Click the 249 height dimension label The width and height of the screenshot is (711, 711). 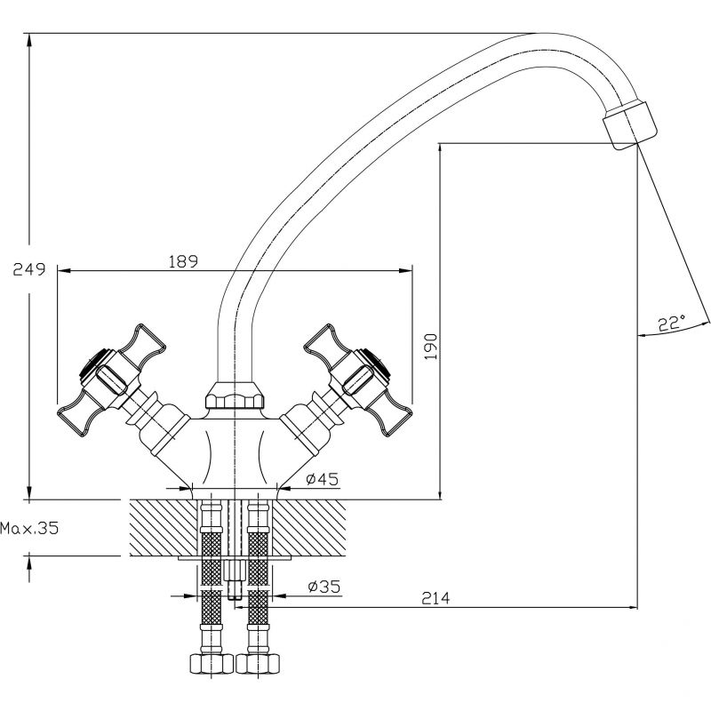coord(29,269)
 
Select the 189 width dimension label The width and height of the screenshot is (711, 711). coord(183,261)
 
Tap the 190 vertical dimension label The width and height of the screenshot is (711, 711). coord(431,347)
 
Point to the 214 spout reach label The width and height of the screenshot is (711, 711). coord(435,598)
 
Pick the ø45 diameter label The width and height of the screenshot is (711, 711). coord(323,479)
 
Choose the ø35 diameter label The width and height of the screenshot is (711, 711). coord(324,587)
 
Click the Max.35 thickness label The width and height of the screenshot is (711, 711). coord(29,528)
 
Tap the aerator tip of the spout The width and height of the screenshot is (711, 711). coord(630,125)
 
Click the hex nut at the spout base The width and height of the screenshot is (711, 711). coord(235,395)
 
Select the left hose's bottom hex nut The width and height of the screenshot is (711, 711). coord(212,664)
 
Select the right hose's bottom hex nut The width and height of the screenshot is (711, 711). coord(259,664)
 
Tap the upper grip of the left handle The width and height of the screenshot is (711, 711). coord(143,342)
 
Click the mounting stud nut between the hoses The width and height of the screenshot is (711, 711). coord(235,572)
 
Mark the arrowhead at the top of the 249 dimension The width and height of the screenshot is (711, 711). coord(29,41)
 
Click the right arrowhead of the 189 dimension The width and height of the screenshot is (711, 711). coord(405,271)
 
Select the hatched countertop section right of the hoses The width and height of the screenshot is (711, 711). coord(309,528)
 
